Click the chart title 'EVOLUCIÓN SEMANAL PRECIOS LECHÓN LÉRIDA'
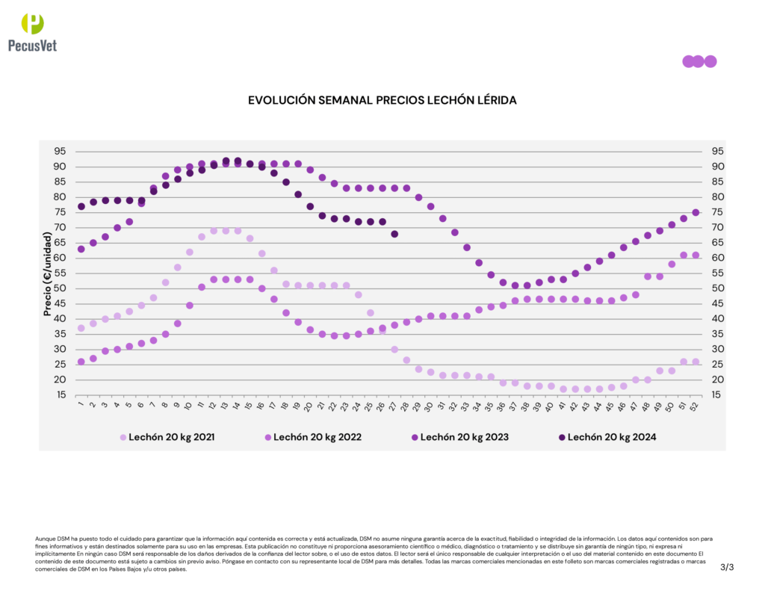382,99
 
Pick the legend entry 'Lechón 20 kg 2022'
313,437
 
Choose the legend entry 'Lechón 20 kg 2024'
606,437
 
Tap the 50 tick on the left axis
59,288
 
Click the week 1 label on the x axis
81,405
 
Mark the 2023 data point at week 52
696,212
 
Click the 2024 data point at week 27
394,234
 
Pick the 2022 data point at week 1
81,362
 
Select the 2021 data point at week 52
696,362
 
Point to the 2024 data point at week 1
81,206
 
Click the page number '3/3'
727,568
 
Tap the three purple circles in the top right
699,61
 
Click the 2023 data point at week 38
527,285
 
